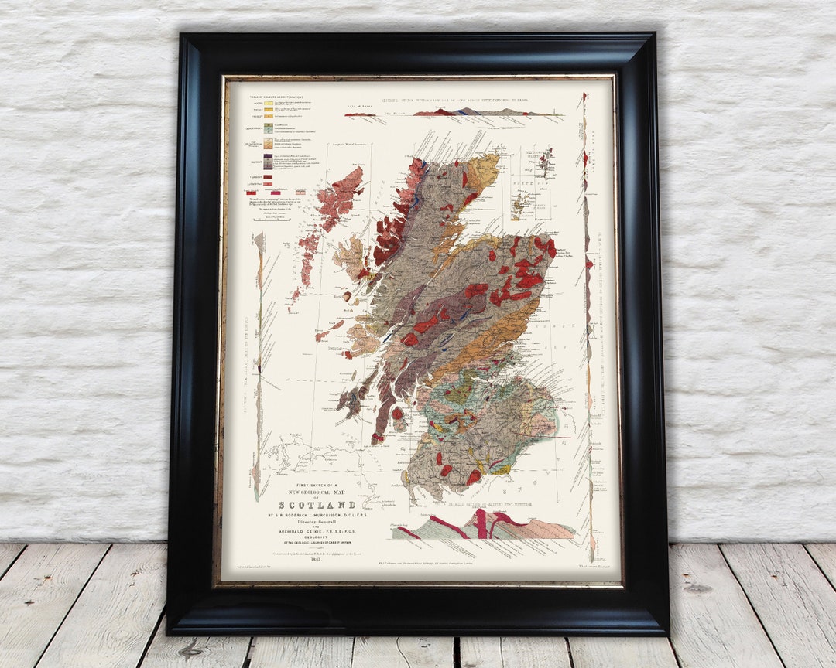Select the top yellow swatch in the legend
[267, 103]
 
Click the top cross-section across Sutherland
[457, 113]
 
